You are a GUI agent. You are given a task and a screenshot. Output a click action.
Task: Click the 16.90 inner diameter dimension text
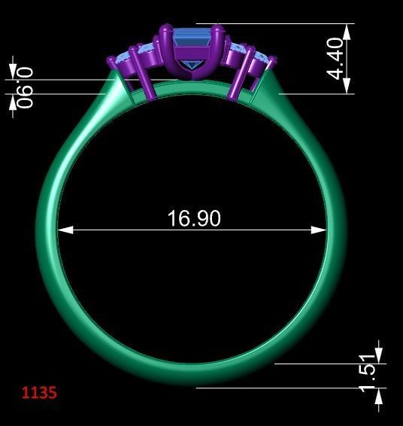193,218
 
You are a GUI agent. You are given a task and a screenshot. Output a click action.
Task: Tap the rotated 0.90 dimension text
26,87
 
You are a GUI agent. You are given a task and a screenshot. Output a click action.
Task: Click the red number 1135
39,392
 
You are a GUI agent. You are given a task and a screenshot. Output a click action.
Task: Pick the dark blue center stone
194,41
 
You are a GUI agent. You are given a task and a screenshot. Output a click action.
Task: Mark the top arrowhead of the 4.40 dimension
347,30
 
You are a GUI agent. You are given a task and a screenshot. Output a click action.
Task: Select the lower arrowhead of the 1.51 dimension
378,396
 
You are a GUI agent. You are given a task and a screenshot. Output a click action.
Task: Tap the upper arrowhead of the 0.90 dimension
13,72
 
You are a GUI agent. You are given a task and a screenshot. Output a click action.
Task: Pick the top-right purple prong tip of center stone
218,31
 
